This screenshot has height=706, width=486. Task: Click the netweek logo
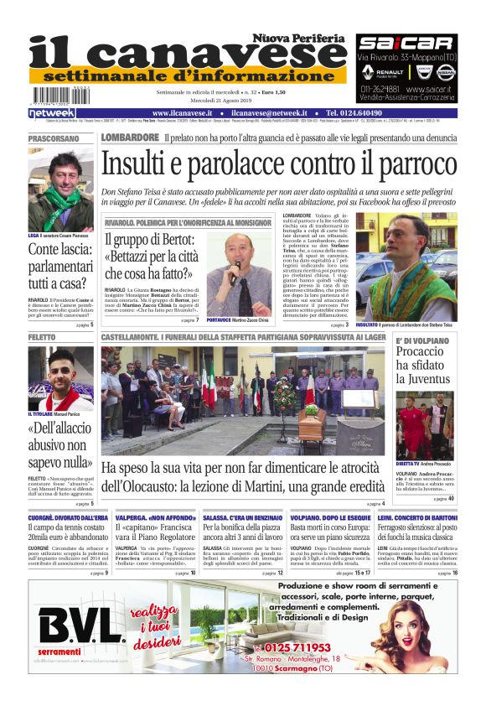tap(52, 113)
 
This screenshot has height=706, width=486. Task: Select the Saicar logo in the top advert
tap(406, 43)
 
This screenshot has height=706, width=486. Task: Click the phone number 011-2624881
tap(381, 88)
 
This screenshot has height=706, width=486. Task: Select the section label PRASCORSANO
tap(54, 138)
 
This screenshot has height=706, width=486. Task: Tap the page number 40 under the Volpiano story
tap(451, 499)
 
